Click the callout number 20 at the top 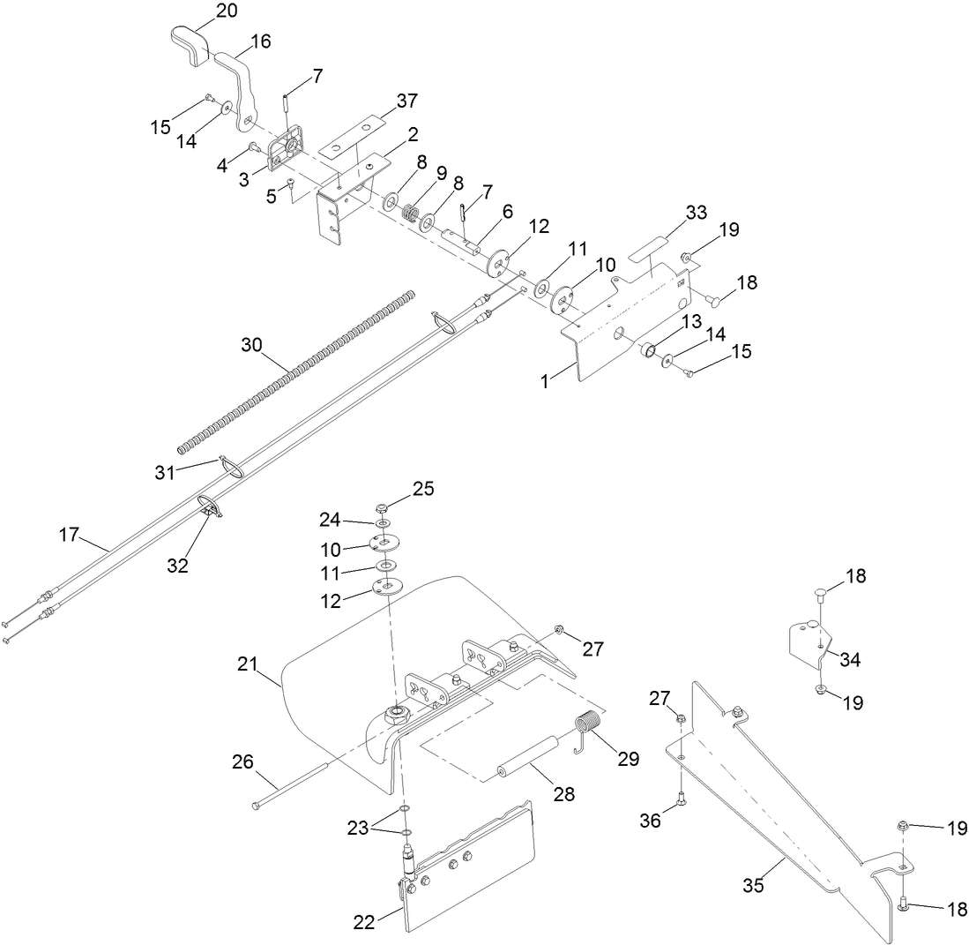(x=203, y=11)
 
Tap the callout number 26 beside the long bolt (x=243, y=760)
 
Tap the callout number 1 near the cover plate (x=547, y=382)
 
